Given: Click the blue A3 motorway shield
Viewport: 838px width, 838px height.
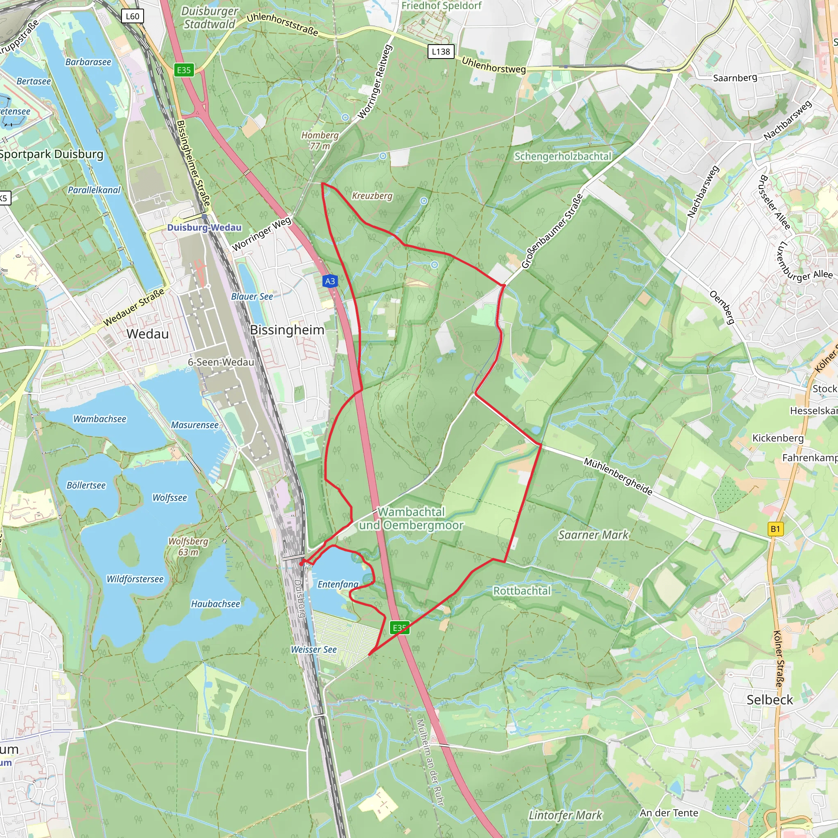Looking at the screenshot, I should coord(330,281).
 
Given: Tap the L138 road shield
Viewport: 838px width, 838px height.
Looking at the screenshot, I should coord(441,52).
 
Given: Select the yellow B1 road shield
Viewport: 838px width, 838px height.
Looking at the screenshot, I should coord(775,529).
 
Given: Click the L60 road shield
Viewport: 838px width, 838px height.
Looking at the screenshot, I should coord(132,16).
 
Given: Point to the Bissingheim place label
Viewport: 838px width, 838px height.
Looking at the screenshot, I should coord(287,330).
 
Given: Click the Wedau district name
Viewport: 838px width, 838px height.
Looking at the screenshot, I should coord(147,334).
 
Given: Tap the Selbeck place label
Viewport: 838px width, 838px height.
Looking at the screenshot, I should coord(770,700).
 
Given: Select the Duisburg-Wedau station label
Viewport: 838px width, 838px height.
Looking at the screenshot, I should coord(204,228).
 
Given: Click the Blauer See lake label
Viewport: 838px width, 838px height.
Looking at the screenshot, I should coord(252,297).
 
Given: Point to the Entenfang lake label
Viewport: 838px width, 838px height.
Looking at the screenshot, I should coord(338,584).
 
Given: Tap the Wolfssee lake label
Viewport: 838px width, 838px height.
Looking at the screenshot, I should coord(169,498).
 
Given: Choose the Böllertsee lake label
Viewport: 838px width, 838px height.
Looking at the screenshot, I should coord(86,485).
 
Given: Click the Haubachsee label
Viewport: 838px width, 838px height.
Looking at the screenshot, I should coord(216,604).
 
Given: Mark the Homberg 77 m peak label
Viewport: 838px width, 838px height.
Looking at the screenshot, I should coord(320,140).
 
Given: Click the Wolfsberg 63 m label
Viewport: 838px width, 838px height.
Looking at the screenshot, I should coord(188,547).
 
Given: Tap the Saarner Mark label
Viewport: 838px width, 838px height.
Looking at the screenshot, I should coord(593,535).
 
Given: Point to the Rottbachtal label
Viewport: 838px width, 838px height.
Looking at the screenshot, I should coord(522,591).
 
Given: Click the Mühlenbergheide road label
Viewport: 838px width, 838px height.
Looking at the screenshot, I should coord(617,476).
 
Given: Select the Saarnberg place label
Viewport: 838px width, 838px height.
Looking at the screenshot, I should coord(735,78).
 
